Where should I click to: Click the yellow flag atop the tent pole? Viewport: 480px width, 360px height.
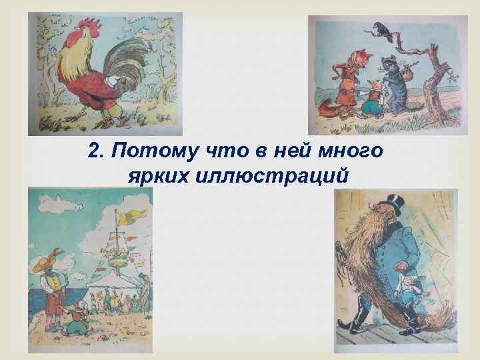click(138, 215)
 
